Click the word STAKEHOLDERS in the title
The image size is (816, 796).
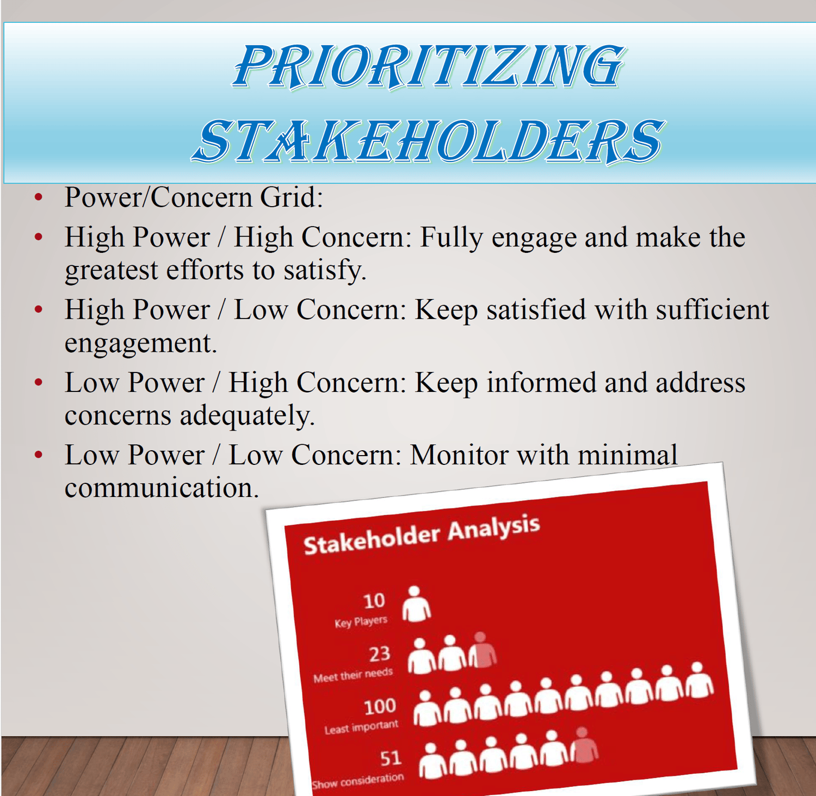428,141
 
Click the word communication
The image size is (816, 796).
162,488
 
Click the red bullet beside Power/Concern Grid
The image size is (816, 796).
38,197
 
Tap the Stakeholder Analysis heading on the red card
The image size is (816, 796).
422,535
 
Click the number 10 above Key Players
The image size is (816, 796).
374,601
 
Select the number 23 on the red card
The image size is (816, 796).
380,654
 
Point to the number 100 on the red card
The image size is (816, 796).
380,706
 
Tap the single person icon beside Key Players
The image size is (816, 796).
416,604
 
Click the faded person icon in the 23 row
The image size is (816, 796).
483,650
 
